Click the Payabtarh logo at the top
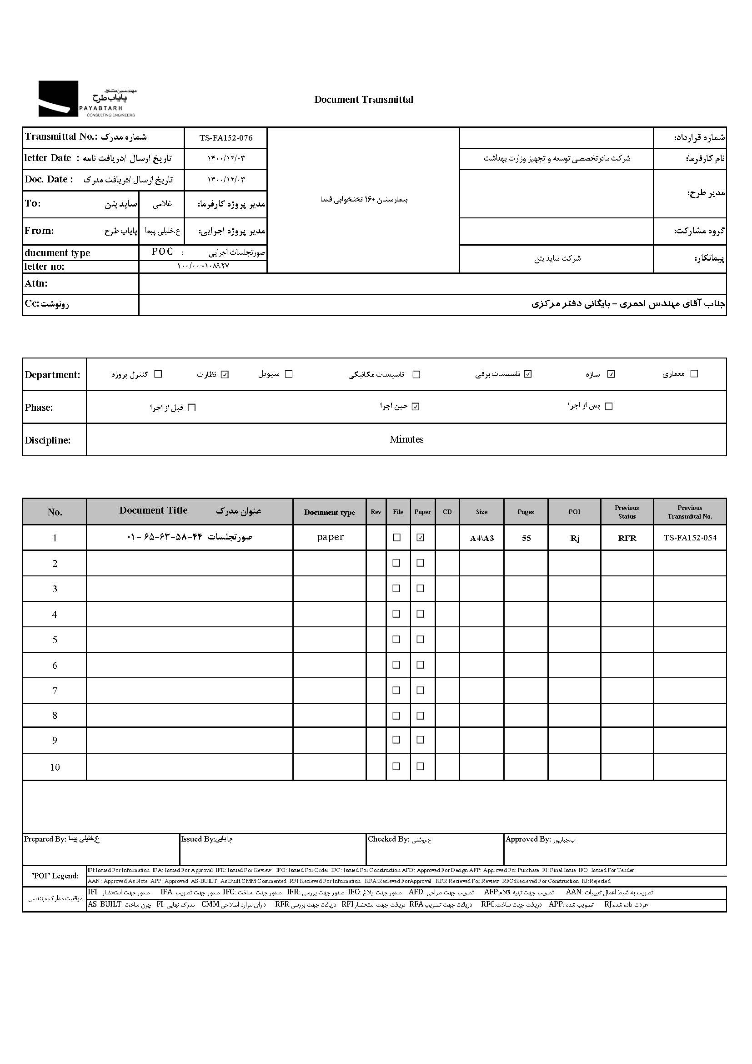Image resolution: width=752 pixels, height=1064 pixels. coord(86,99)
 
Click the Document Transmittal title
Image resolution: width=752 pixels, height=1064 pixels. coord(364,99)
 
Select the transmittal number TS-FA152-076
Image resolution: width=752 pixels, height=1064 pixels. coord(226,138)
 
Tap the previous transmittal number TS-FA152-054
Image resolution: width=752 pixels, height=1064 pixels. coord(690,538)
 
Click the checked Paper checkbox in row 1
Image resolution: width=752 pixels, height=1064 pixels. coord(421,538)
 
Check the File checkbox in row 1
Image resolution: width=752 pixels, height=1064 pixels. coord(396,538)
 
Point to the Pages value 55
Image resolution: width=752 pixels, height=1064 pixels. coord(526,538)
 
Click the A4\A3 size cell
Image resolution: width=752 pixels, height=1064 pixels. coord(481,538)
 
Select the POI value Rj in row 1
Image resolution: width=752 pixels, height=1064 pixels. coord(574,538)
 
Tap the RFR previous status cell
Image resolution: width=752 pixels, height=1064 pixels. coord(627,538)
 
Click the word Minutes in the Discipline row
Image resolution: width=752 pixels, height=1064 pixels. coord(406,439)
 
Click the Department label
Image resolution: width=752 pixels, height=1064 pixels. coord(52,374)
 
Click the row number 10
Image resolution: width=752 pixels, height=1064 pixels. coord(55,767)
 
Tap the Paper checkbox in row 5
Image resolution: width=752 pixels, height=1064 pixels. coord(421,640)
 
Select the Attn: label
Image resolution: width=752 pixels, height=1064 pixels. coord(36,283)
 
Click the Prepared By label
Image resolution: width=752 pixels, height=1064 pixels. coord(45,839)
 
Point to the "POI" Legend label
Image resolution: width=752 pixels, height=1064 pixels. coord(55,875)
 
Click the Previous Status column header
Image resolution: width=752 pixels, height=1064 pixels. coord(627,512)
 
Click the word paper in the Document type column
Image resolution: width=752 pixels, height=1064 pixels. coord(330,537)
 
